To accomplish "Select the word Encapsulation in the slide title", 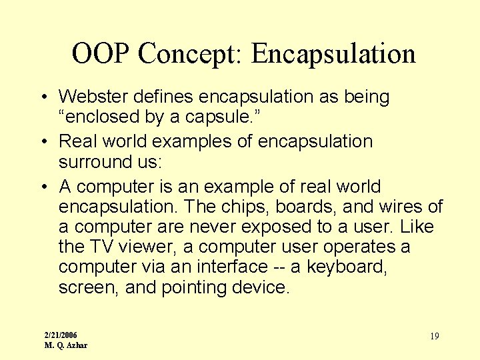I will (x=333, y=53).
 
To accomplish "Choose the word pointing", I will (x=198, y=287).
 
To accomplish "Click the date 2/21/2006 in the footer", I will (x=61, y=334).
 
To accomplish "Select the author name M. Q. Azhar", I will (x=65, y=345).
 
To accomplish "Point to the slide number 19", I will (x=434, y=336).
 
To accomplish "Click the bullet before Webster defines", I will (x=42, y=98).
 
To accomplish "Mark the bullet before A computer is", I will (x=42, y=187).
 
